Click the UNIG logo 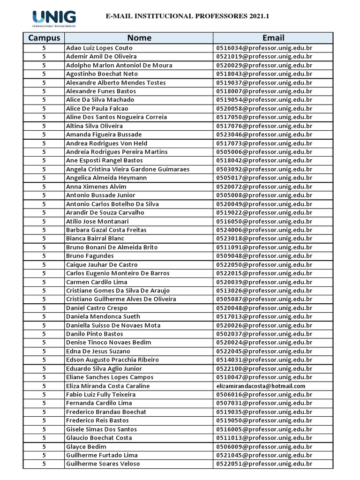(x=54, y=18)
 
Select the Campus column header (x=44, y=38)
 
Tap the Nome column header (x=139, y=38)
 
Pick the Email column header (x=273, y=38)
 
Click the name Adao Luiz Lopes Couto (x=99, y=48)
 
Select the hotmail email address (x=261, y=386)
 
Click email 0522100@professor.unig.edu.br (x=264, y=368)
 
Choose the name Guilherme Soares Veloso (x=103, y=464)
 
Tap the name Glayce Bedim (x=86, y=447)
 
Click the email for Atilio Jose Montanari (x=264, y=221)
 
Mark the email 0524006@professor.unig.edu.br (x=264, y=230)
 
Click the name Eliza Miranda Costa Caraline (x=108, y=386)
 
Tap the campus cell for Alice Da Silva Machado (x=44, y=100)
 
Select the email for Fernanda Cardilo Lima (x=264, y=403)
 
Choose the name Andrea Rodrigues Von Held (x=106, y=143)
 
